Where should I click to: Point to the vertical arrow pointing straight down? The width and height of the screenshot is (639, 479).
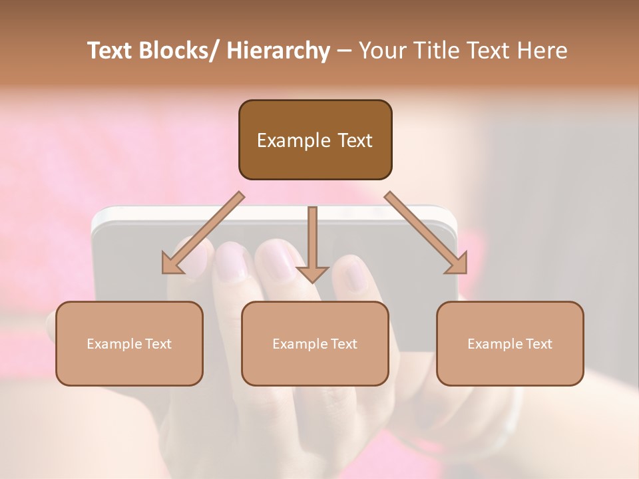312,239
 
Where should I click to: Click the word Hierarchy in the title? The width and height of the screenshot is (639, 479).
278,51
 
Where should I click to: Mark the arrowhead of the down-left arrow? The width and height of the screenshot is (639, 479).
172,264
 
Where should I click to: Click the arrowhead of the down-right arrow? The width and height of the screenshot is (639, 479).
456,263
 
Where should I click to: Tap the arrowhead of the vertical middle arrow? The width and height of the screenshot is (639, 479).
312,273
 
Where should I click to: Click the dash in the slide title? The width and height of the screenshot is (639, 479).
344,51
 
